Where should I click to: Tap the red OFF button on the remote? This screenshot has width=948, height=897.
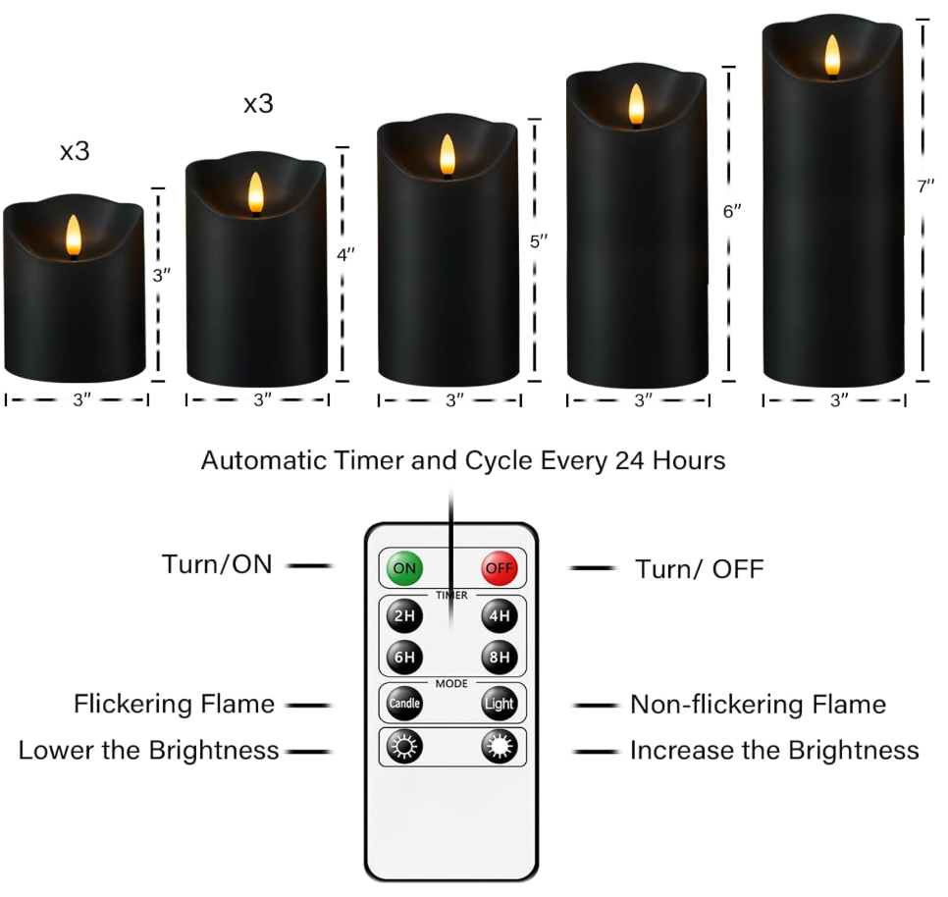pyautogui.click(x=499, y=567)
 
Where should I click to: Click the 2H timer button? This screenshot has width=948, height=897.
pyautogui.click(x=402, y=617)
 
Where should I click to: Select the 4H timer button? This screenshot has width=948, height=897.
pyautogui.click(x=499, y=617)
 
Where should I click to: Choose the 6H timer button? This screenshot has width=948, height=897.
pyautogui.click(x=402, y=657)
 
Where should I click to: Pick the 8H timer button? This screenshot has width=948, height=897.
pyautogui.click(x=499, y=657)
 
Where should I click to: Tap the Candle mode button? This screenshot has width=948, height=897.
pyautogui.click(x=403, y=704)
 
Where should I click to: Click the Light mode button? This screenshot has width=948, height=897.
pyautogui.click(x=499, y=704)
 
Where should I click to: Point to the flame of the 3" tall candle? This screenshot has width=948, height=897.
pyautogui.click(x=72, y=237)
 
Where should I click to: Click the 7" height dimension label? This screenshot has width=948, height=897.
pyautogui.click(x=925, y=186)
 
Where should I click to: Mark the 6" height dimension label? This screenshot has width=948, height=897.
pyautogui.click(x=732, y=211)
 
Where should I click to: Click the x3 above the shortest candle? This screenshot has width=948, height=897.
pyautogui.click(x=75, y=151)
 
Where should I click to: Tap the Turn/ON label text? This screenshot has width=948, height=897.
pyautogui.click(x=217, y=564)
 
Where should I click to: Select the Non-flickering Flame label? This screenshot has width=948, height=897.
pyautogui.click(x=758, y=704)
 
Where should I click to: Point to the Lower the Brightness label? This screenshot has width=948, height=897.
pyautogui.click(x=149, y=751)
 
